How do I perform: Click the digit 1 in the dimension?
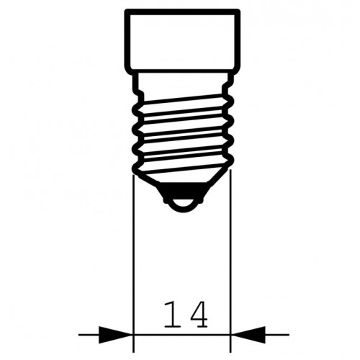tap(168, 315)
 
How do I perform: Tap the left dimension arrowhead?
tap(119, 333)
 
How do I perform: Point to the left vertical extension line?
tap(133, 252)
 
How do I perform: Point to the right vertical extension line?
tap(230, 252)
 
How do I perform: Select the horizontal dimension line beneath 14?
tap(181, 333)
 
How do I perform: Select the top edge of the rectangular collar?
tap(181, 10)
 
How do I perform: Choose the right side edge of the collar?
tap(238, 40)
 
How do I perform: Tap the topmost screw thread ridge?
tap(181, 101)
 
